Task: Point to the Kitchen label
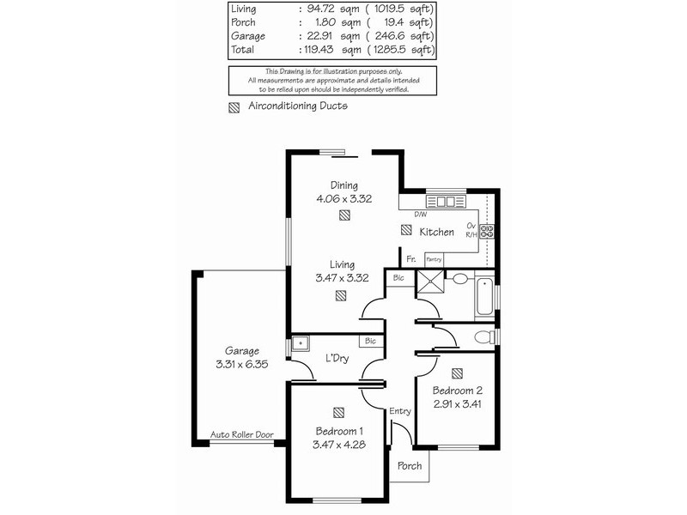tap(436, 233)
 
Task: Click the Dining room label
tap(343, 185)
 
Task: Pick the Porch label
tap(410, 466)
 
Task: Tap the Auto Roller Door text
tap(242, 435)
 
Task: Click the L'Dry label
tap(335, 357)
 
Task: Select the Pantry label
tap(434, 258)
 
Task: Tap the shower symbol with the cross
tap(427, 282)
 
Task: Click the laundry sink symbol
tap(300, 343)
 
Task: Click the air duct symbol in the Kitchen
tap(405, 230)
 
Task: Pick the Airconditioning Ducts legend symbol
tap(234, 108)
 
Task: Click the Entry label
tap(400, 412)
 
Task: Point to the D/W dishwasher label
tap(420, 214)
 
